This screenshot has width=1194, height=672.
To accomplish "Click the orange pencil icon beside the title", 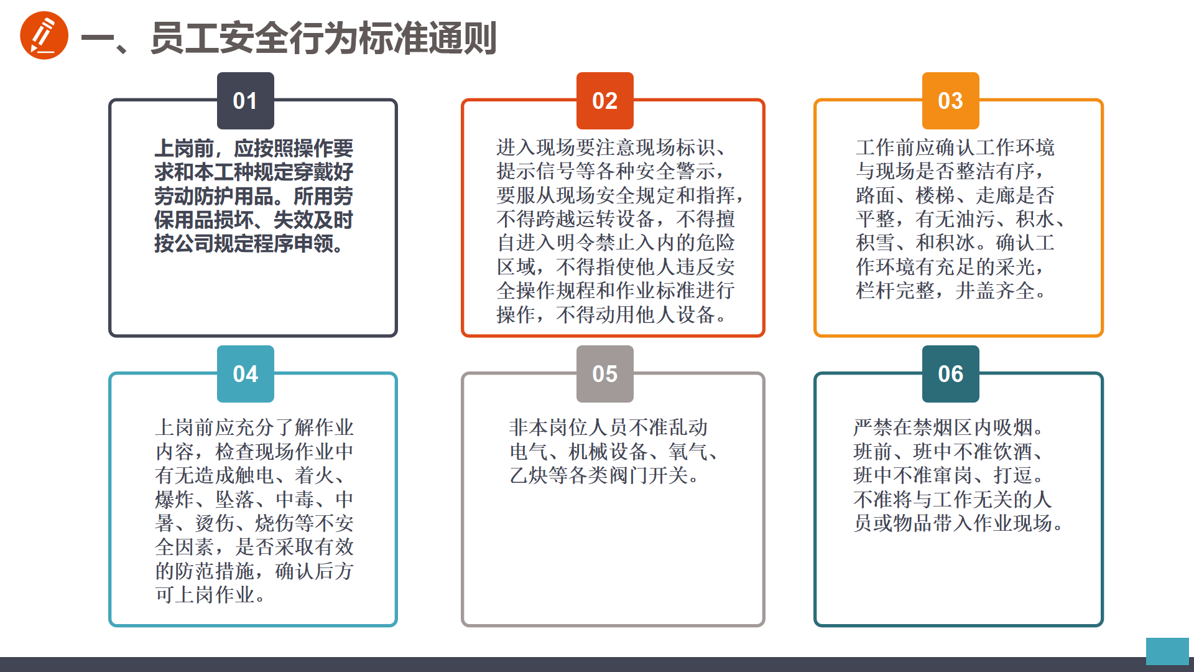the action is (x=44, y=35).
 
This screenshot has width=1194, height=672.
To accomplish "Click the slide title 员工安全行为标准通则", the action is (x=323, y=38).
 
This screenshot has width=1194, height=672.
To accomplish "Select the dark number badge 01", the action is (x=246, y=101).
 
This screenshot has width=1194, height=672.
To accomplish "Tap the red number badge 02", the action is (x=605, y=101).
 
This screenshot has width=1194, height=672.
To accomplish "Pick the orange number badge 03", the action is (x=951, y=101).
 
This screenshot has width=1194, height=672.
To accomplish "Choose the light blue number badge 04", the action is (x=246, y=374).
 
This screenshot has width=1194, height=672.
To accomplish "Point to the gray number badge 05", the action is (x=605, y=374).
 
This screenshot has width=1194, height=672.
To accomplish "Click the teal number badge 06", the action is (x=951, y=374).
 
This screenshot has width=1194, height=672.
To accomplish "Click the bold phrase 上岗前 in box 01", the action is (x=184, y=148).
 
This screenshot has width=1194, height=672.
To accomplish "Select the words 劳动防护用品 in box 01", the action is (x=214, y=196).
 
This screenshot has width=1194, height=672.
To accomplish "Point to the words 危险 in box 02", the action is (x=716, y=243).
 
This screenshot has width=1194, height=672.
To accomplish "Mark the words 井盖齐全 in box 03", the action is (x=996, y=291).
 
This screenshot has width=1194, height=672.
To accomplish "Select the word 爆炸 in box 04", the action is (x=175, y=500).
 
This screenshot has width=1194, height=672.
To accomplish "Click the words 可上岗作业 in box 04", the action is (x=205, y=595).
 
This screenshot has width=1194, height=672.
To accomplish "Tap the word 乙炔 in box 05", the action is (x=529, y=475).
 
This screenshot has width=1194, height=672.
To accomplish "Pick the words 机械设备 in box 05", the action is (x=608, y=452).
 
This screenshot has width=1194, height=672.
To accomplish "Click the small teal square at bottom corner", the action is (x=1167, y=651).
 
